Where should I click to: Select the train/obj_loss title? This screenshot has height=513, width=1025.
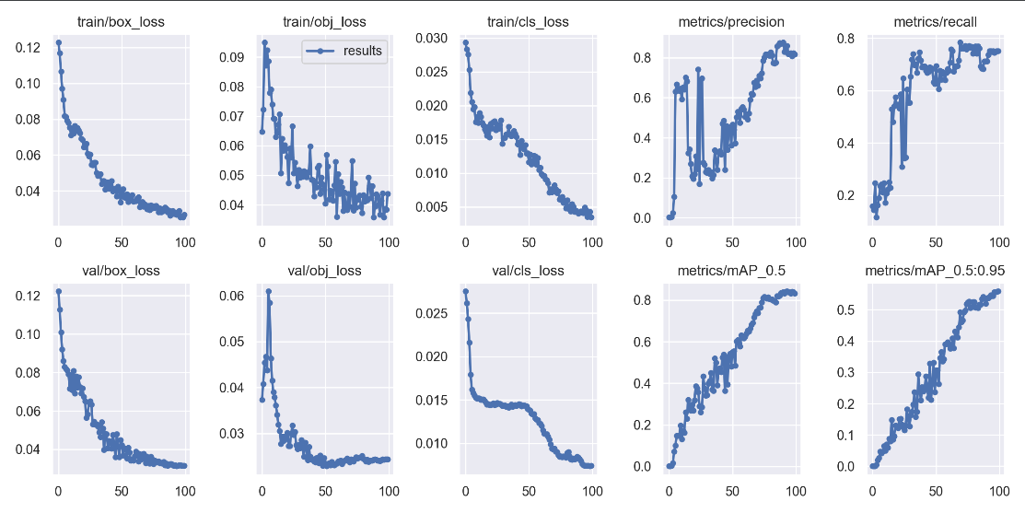tap(324, 21)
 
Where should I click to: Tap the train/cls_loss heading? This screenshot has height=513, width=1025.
tap(528, 21)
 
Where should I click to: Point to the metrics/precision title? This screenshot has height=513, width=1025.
tap(733, 21)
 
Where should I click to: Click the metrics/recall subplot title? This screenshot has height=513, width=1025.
tap(936, 21)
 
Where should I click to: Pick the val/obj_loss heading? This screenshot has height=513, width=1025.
tap(324, 271)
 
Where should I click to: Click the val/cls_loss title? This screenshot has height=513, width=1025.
tap(528, 271)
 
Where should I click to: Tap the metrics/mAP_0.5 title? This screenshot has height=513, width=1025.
tap(733, 271)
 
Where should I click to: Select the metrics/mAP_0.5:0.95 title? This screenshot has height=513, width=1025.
tap(936, 271)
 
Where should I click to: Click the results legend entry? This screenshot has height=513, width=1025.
tap(362, 52)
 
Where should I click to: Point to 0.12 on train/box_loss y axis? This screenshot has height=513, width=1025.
tap(28, 47)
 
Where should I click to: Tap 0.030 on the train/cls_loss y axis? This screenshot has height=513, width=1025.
tap(432, 38)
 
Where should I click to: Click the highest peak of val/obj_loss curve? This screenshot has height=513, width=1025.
tap(268, 291)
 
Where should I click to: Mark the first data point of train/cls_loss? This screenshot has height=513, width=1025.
tap(465, 42)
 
